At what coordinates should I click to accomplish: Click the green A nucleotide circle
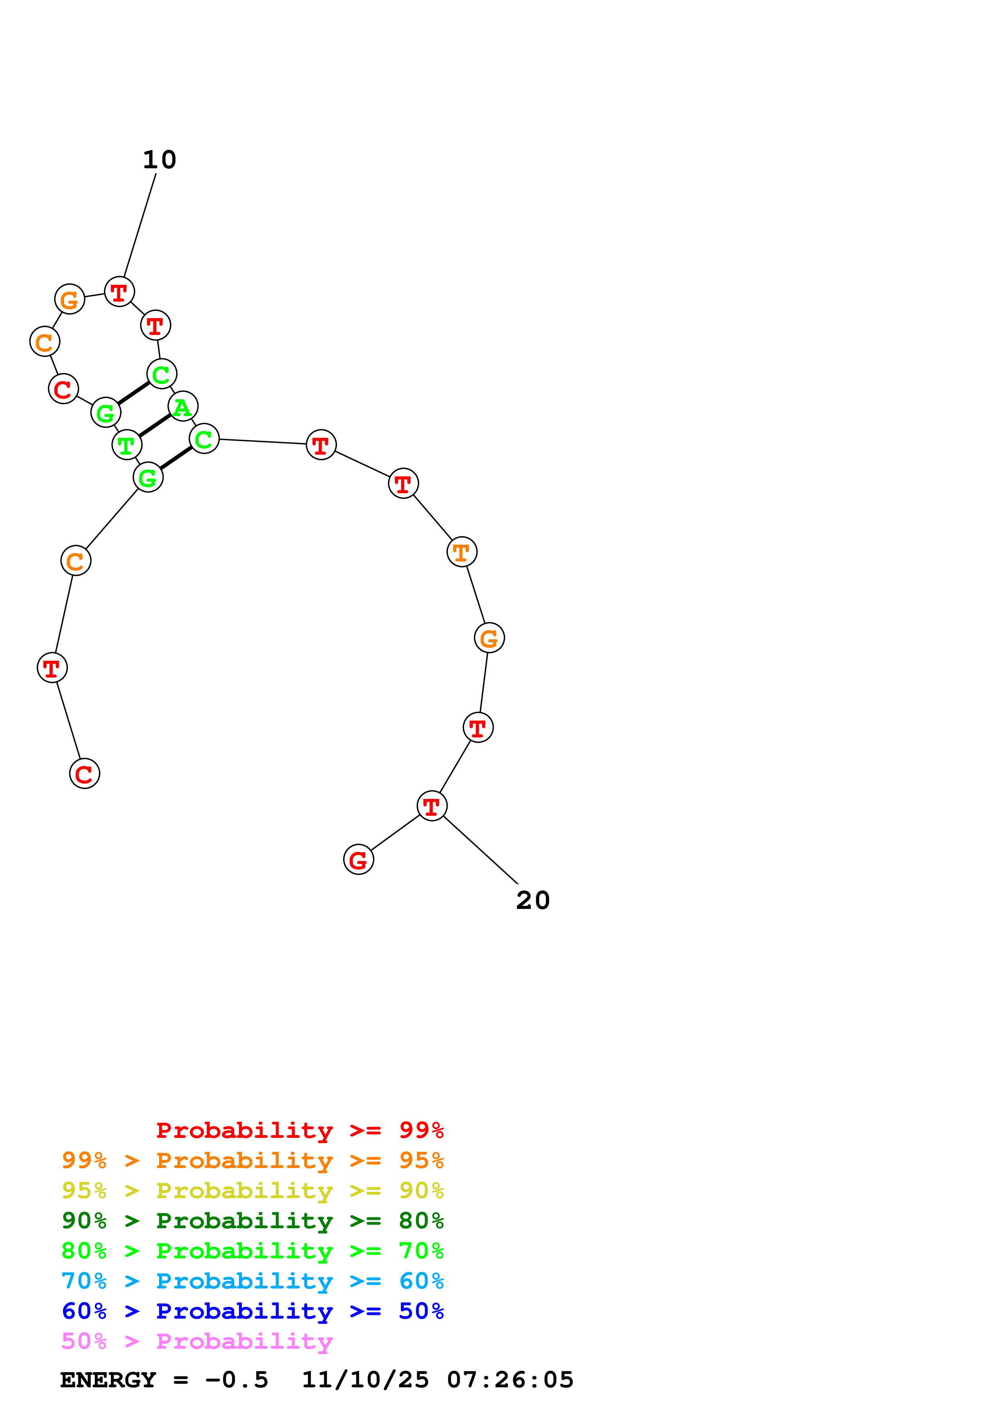[x=182, y=406]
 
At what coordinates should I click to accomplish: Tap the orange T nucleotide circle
[x=462, y=552]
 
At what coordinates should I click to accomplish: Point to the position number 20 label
[x=533, y=900]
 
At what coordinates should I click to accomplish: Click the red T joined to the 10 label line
[x=119, y=292]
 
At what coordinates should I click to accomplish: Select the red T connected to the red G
[x=432, y=806]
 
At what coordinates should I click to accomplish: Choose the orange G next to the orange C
[x=70, y=300]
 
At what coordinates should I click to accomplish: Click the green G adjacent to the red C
[x=106, y=412]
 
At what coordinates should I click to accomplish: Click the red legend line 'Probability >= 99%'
[x=299, y=1130]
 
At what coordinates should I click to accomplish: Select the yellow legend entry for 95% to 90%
[x=252, y=1191]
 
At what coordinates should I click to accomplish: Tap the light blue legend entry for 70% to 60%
[x=252, y=1281]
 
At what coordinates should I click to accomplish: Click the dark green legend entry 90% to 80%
[x=252, y=1221]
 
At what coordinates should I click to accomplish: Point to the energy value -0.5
[x=236, y=1380]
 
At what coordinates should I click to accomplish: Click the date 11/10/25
[x=365, y=1380]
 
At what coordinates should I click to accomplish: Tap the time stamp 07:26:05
[x=510, y=1380]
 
